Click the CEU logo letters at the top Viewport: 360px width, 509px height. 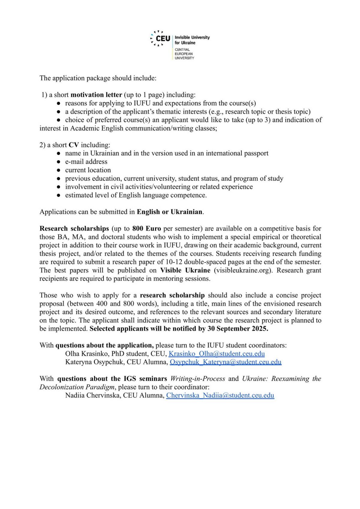(x=163, y=38)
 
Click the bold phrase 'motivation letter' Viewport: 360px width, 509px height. (x=96, y=95)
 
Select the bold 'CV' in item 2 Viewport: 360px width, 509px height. (x=73, y=145)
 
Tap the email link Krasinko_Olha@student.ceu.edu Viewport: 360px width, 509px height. (x=217, y=354)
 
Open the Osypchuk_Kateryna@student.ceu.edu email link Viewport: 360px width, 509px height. (x=226, y=362)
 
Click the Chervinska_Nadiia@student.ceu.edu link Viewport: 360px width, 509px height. (x=220, y=395)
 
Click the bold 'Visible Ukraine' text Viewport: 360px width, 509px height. (x=185, y=270)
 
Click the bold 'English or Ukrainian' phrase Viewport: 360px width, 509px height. (x=169, y=212)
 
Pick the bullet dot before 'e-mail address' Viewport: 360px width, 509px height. (x=59, y=162)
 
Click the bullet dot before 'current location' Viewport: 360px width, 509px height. (x=59, y=170)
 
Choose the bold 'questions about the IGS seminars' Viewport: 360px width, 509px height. (x=112, y=379)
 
